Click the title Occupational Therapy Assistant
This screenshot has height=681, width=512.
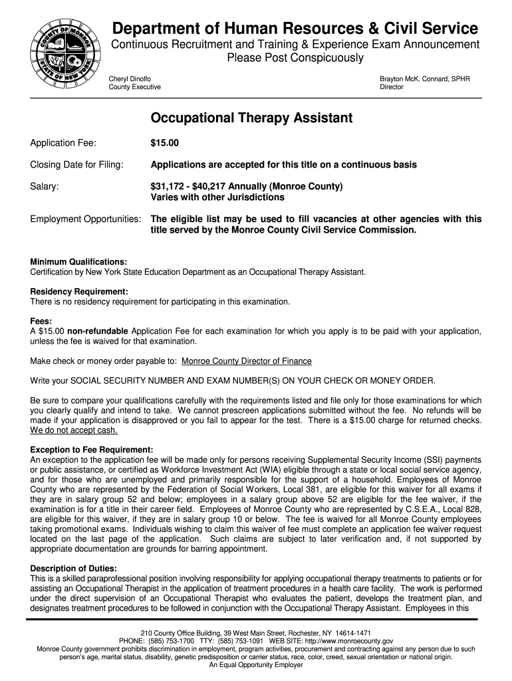(x=251, y=118)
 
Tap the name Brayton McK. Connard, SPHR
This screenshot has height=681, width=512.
(x=424, y=78)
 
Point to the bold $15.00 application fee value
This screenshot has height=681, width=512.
(x=164, y=142)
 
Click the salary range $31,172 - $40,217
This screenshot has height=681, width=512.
(x=209, y=186)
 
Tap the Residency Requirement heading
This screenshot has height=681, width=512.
(x=79, y=291)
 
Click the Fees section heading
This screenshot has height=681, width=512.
(x=42, y=321)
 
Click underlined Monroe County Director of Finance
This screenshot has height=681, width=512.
(x=247, y=361)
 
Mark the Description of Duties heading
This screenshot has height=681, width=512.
(x=73, y=569)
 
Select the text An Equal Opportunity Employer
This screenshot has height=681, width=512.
(x=256, y=664)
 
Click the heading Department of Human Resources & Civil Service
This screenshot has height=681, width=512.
(x=295, y=29)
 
